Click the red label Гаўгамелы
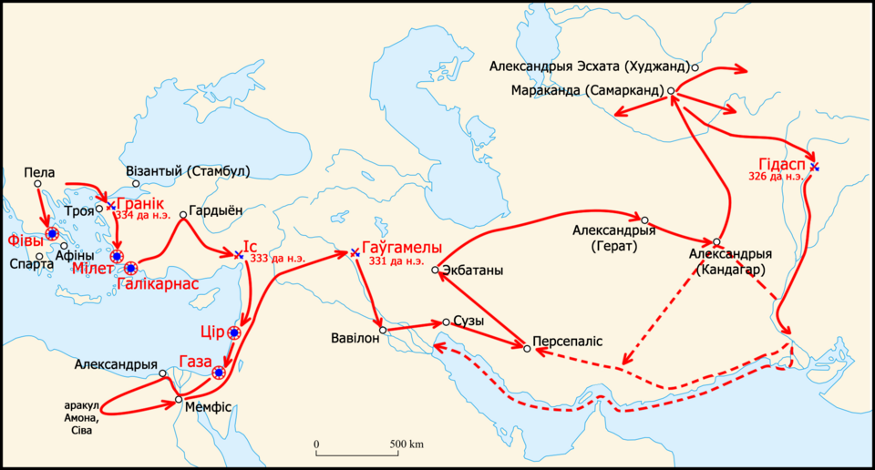[402, 248]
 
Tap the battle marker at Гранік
[111, 206]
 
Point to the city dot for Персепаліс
[527, 348]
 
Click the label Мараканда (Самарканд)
[588, 91]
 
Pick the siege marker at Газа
[219, 373]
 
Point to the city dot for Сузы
[446, 322]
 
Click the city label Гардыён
[216, 209]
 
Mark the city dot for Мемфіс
[180, 400]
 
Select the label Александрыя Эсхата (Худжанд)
[590, 66]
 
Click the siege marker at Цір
[234, 333]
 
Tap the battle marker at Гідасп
[815, 168]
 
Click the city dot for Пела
[38, 184]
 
